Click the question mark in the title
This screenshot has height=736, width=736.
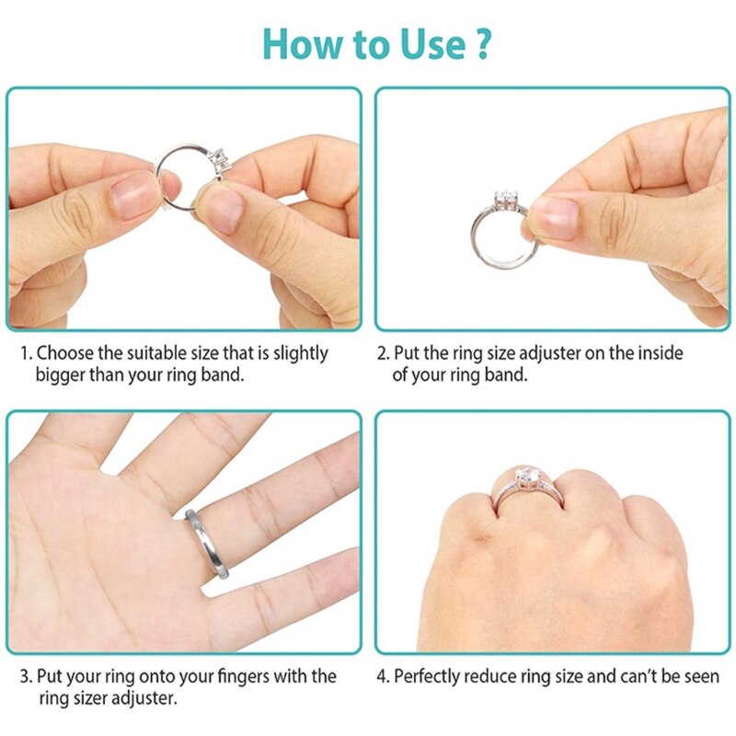tap(481, 43)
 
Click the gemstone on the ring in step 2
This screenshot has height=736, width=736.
tap(505, 199)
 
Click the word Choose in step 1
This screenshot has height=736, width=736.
tap(66, 353)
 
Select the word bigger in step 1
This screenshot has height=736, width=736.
tap(62, 374)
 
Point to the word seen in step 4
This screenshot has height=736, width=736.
tap(700, 676)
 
